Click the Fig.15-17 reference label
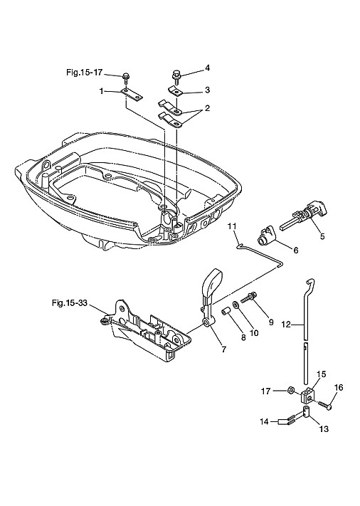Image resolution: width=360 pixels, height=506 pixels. (84, 73)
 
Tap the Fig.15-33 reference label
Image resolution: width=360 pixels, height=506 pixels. (69, 303)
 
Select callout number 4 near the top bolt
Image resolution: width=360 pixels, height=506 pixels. (208, 68)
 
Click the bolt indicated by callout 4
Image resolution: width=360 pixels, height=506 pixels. (177, 76)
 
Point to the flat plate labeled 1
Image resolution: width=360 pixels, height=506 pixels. (132, 95)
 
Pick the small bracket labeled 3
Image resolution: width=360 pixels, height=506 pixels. (176, 90)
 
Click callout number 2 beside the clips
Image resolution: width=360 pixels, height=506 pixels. (207, 108)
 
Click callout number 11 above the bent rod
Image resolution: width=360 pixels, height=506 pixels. (232, 226)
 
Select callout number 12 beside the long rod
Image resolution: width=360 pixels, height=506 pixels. (286, 324)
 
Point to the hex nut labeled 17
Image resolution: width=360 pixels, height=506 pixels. (290, 391)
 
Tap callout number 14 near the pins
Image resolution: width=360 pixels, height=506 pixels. (265, 421)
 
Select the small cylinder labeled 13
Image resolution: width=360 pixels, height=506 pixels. (307, 413)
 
